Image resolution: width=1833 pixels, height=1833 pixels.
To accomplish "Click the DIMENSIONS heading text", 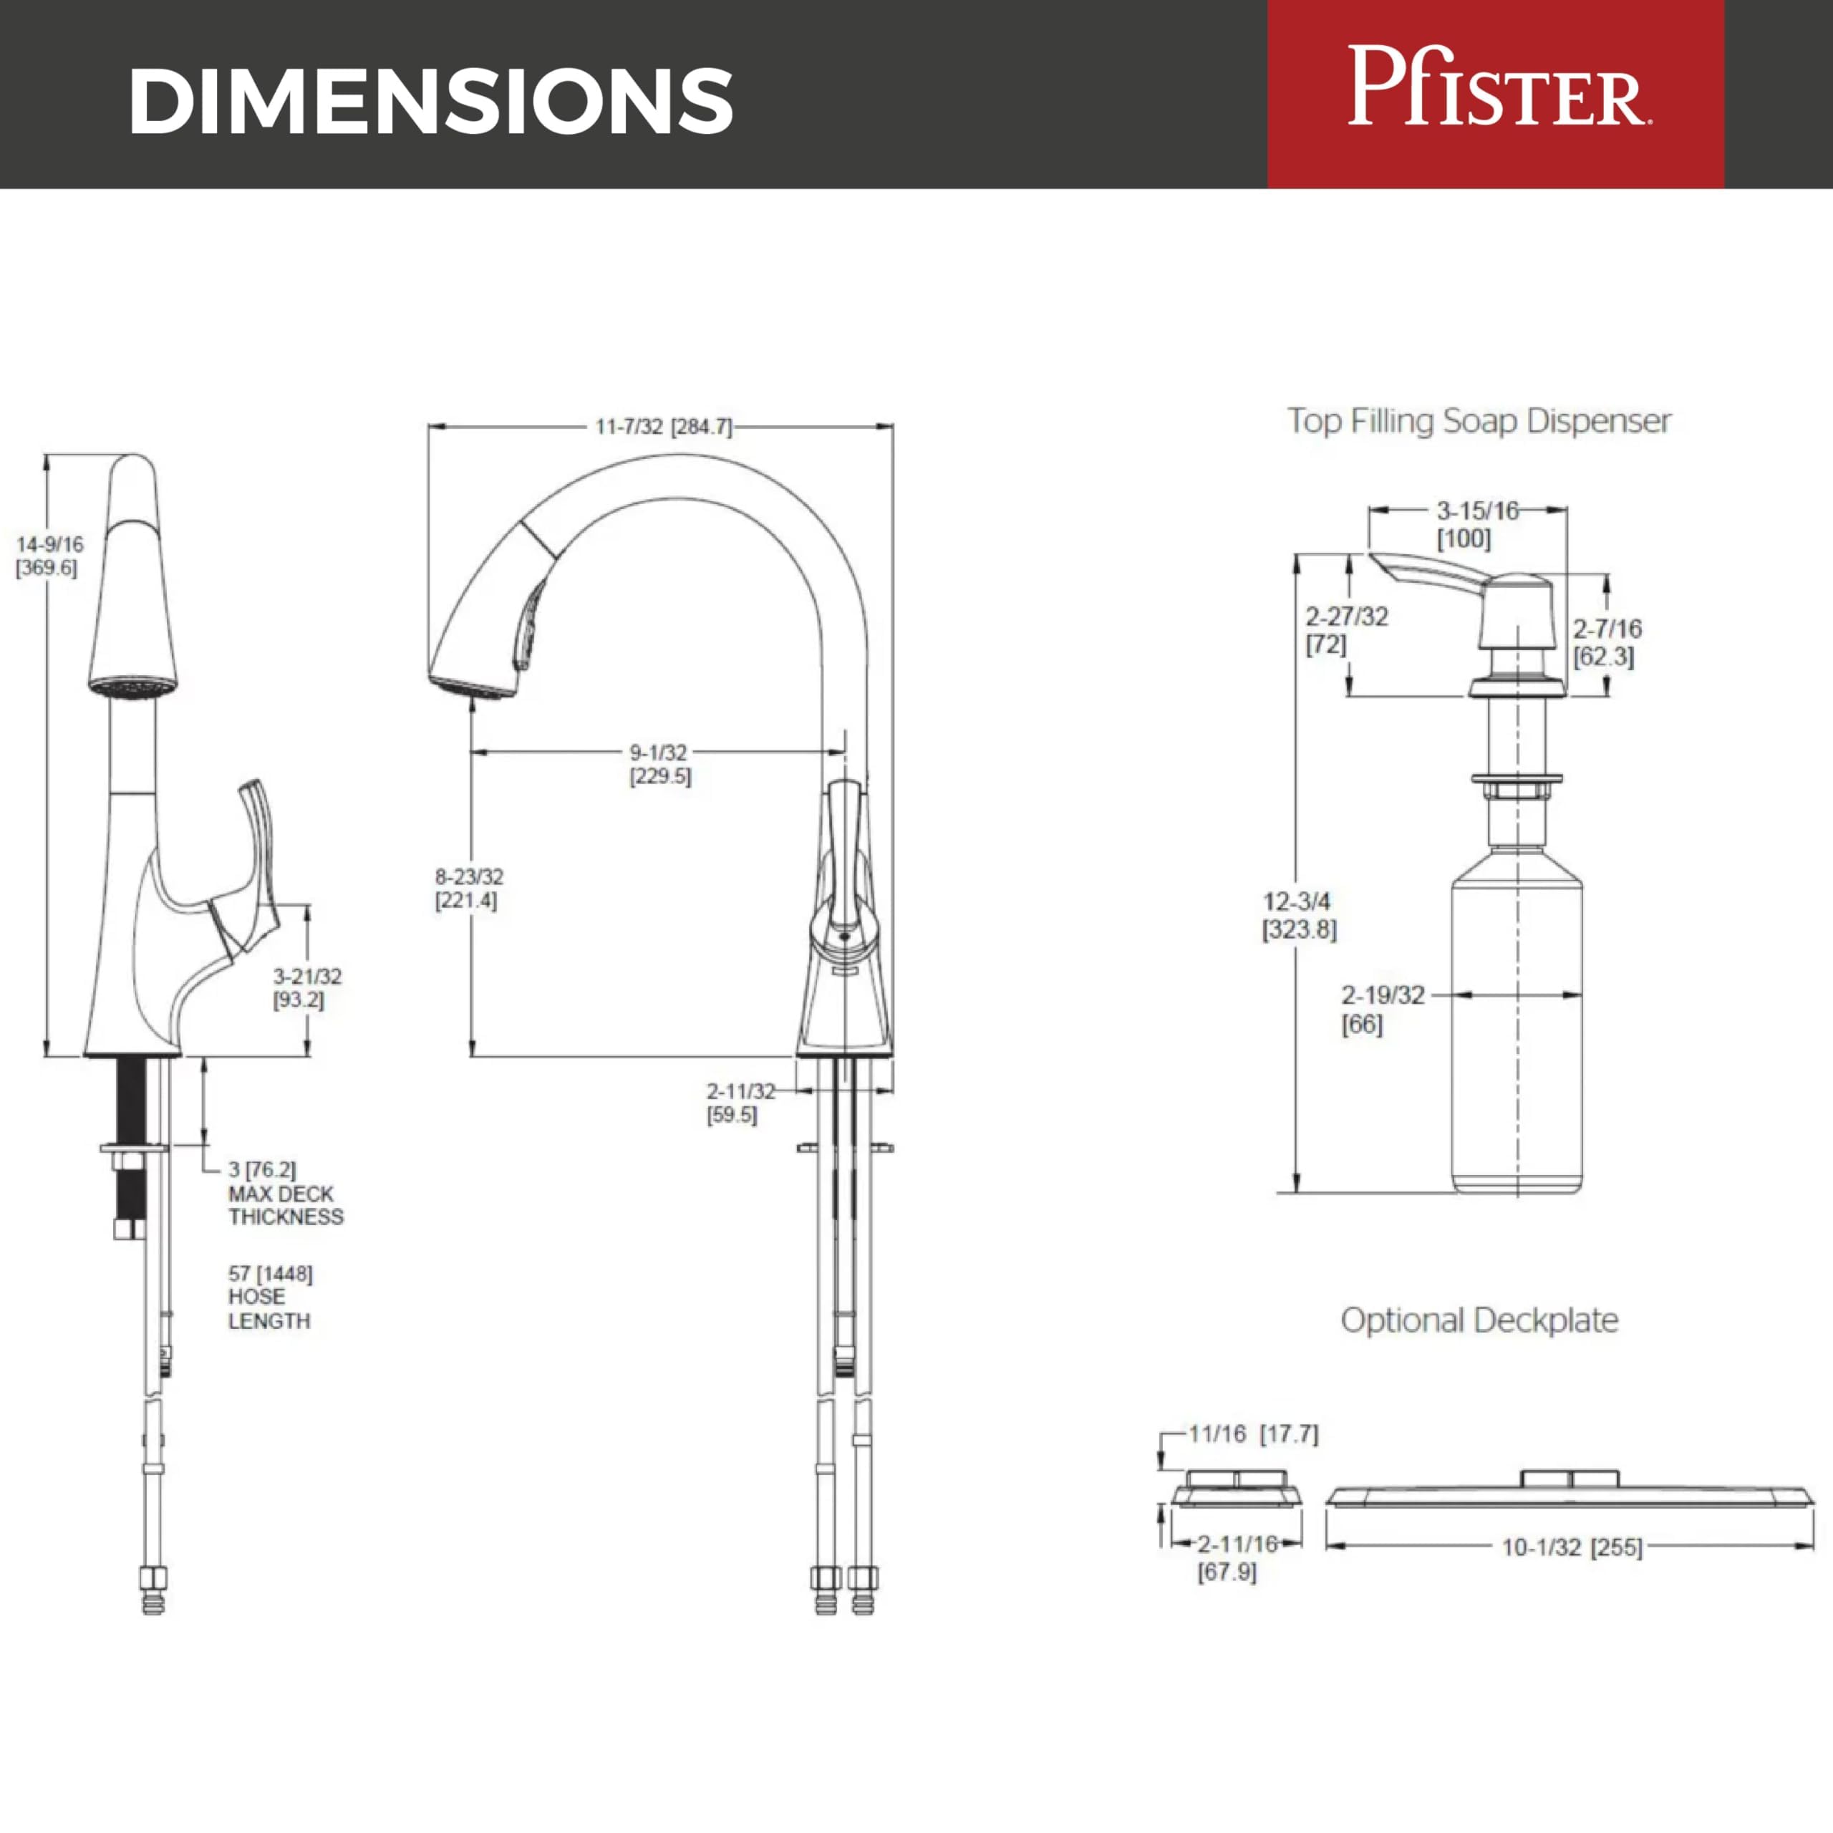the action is pyautogui.click(x=432, y=100).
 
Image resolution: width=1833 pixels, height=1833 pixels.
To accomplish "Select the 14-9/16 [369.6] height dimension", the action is pyautogui.click(x=49, y=556).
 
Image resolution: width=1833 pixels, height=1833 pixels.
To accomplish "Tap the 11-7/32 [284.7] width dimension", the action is pyautogui.click(x=663, y=427).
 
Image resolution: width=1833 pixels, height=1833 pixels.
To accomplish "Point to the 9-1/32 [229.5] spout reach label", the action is pyautogui.click(x=660, y=764).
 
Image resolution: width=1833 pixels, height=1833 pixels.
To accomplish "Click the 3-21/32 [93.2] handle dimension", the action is pyautogui.click(x=307, y=987).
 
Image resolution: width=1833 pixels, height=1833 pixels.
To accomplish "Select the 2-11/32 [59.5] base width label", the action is pyautogui.click(x=740, y=1103).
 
